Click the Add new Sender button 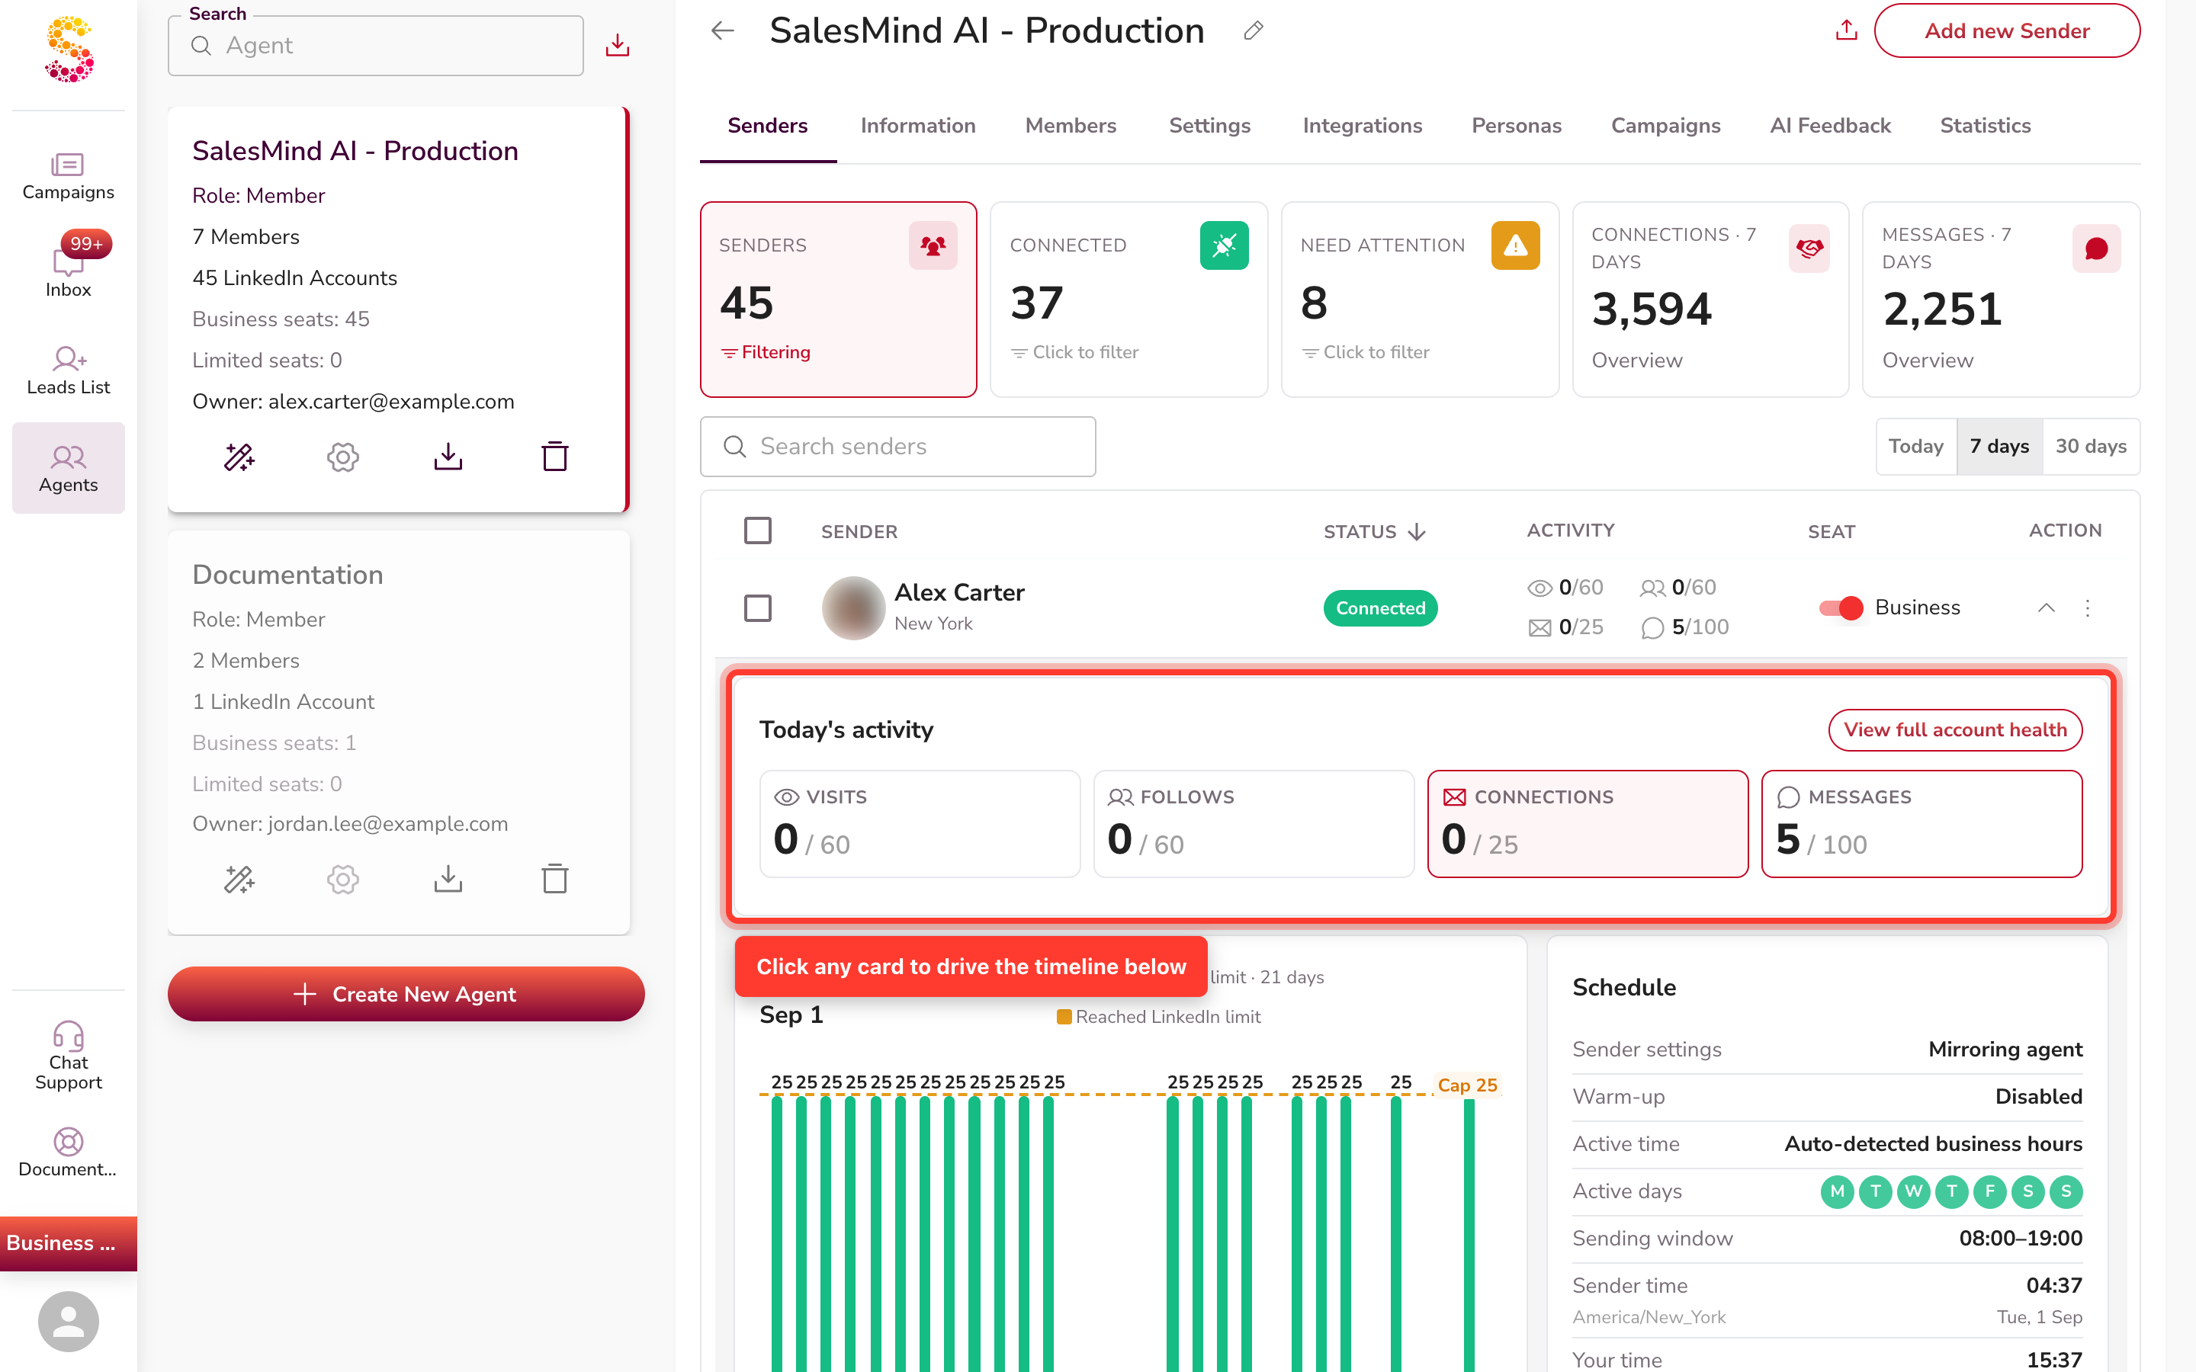2006,30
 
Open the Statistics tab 1985,125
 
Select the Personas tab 1517,125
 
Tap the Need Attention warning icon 1515,245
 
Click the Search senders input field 897,447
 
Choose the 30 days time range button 2091,447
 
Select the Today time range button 1915,447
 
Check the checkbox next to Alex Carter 758,608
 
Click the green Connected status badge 1380,608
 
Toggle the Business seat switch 1841,608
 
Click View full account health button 1954,729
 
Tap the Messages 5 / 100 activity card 1921,824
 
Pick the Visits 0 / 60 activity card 920,824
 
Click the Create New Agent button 406,994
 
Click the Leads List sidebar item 69,370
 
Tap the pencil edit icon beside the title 1254,30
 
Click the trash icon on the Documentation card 554,878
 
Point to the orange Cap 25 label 1467,1085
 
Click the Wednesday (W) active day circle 1913,1191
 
